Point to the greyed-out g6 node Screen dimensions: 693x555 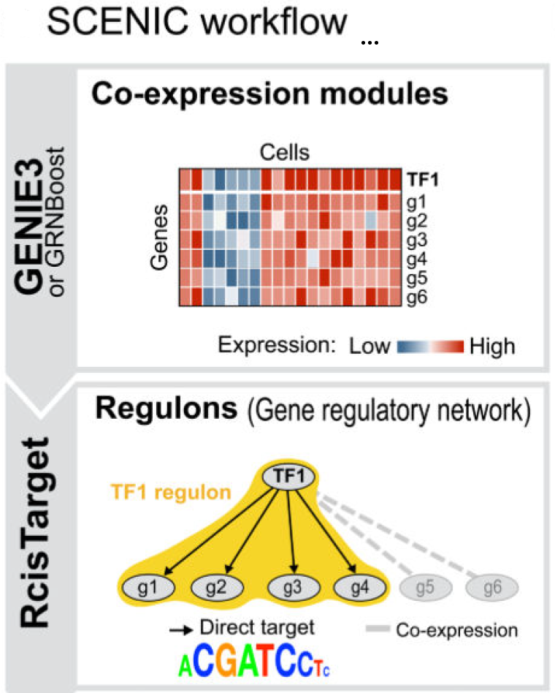[493, 586]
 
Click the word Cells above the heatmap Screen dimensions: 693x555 [285, 153]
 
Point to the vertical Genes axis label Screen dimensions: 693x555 [161, 238]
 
